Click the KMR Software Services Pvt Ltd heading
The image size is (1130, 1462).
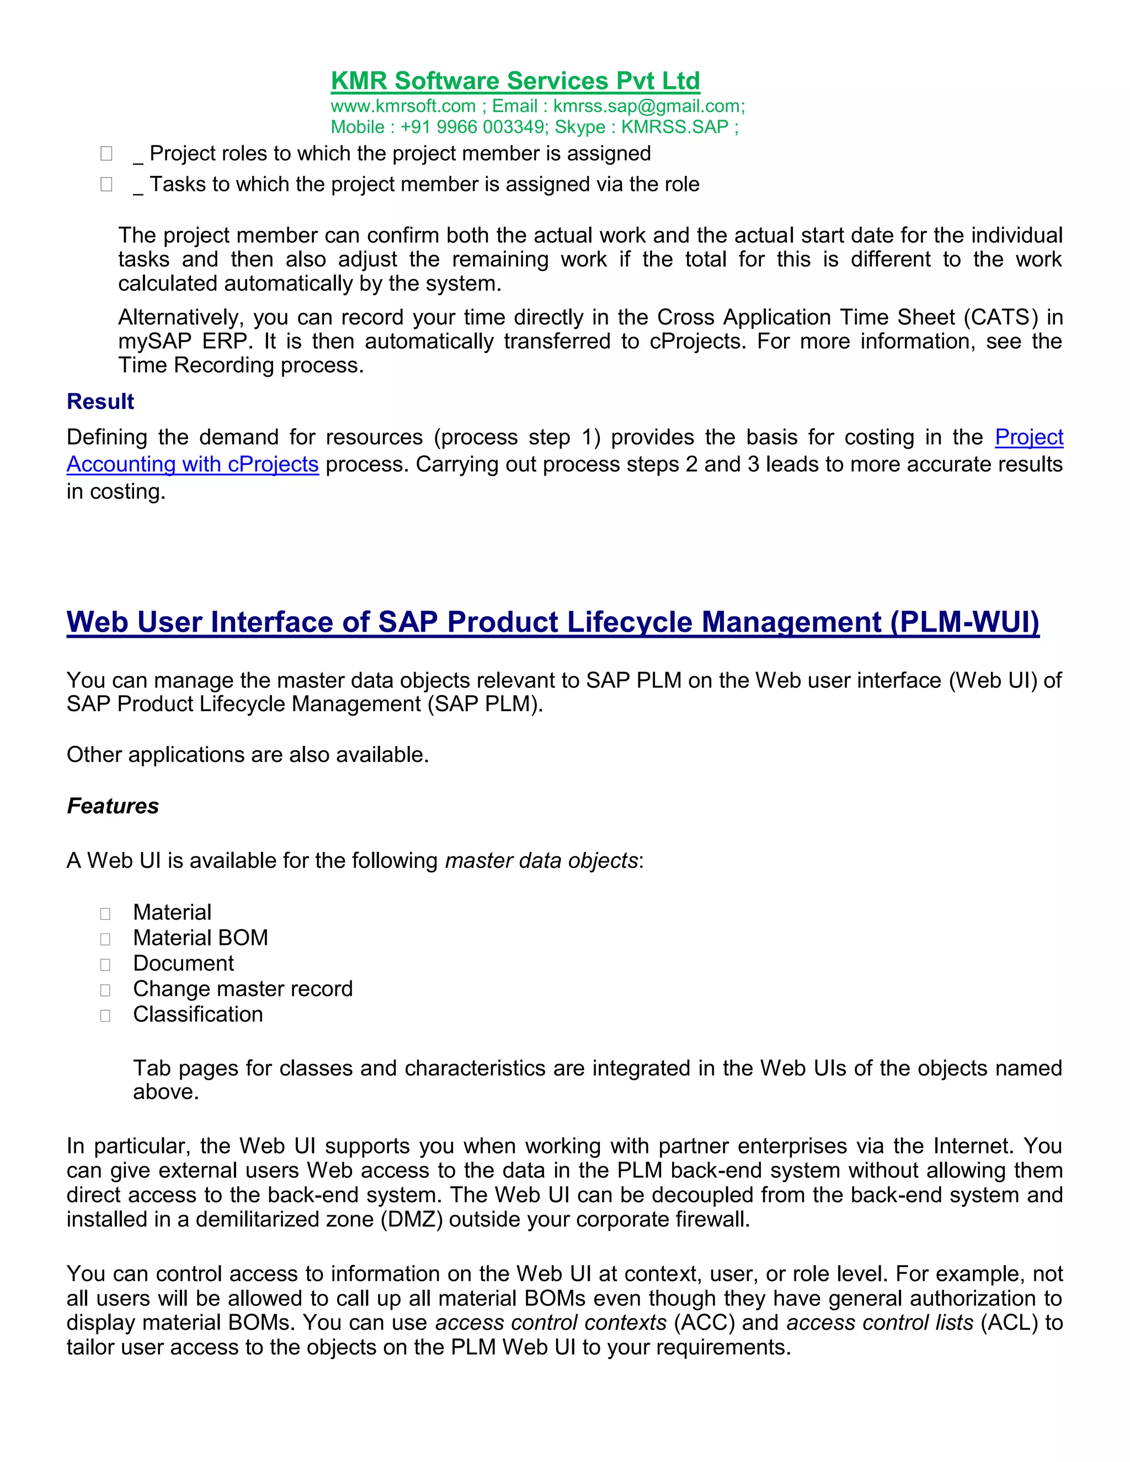coord(515,81)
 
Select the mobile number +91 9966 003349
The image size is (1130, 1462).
coord(474,127)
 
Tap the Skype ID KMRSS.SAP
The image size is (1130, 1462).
coord(674,127)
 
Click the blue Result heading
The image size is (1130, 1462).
coord(100,402)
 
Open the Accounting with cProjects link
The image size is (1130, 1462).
coord(192,465)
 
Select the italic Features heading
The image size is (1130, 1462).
coord(113,806)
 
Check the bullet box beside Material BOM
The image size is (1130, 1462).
coord(105,939)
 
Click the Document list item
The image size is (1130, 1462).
coord(183,963)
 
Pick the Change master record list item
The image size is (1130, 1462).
coord(242,989)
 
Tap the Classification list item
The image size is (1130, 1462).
coord(198,1014)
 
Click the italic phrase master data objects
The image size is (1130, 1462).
coord(541,860)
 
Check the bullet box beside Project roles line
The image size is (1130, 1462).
coord(106,154)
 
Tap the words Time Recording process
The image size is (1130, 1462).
coord(241,365)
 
